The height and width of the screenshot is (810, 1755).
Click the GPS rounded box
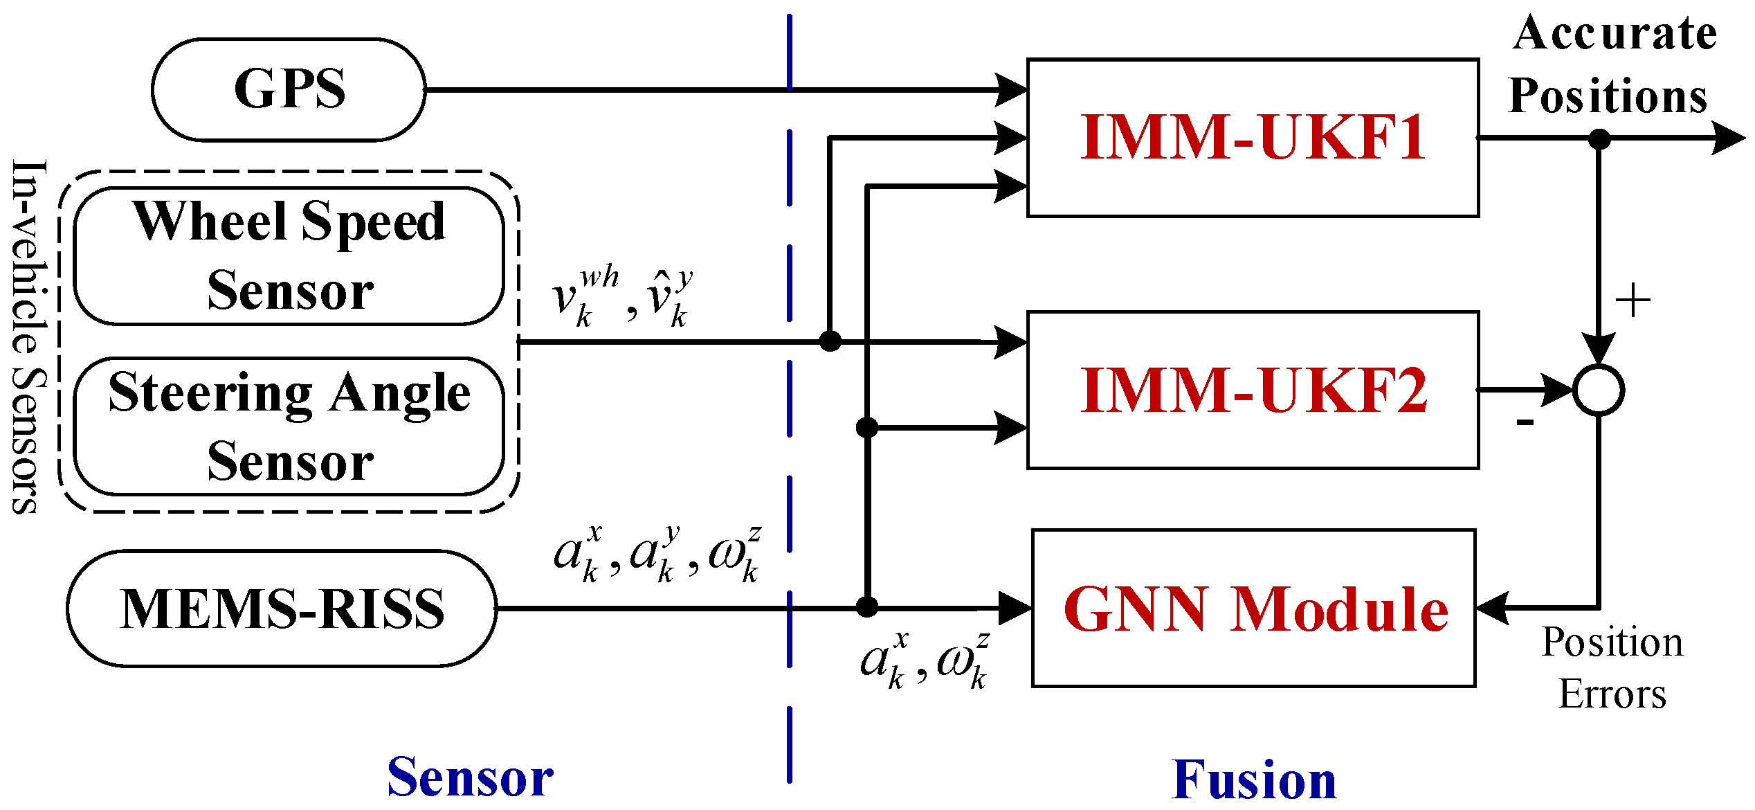tap(289, 90)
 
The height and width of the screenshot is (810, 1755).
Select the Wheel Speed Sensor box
tap(289, 255)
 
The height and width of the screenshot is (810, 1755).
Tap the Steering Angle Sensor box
tap(289, 426)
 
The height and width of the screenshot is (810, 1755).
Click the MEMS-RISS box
tap(282, 609)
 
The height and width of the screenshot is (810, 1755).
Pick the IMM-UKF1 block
tap(1253, 138)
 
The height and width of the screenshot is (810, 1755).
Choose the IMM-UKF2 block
tap(1253, 390)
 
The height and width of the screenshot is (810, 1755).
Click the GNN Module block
tap(1253, 609)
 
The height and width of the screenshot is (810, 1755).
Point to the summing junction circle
tap(1599, 390)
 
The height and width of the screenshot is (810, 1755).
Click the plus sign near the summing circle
tap(1633, 301)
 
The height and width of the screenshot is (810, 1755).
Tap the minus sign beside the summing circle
tap(1525, 421)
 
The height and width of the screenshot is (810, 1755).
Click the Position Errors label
tap(1612, 668)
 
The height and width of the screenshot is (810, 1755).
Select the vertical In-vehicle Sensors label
tap(29, 337)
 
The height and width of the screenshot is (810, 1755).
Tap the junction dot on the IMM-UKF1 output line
tap(1599, 139)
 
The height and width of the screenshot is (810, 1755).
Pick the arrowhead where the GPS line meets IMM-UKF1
tap(1010, 90)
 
